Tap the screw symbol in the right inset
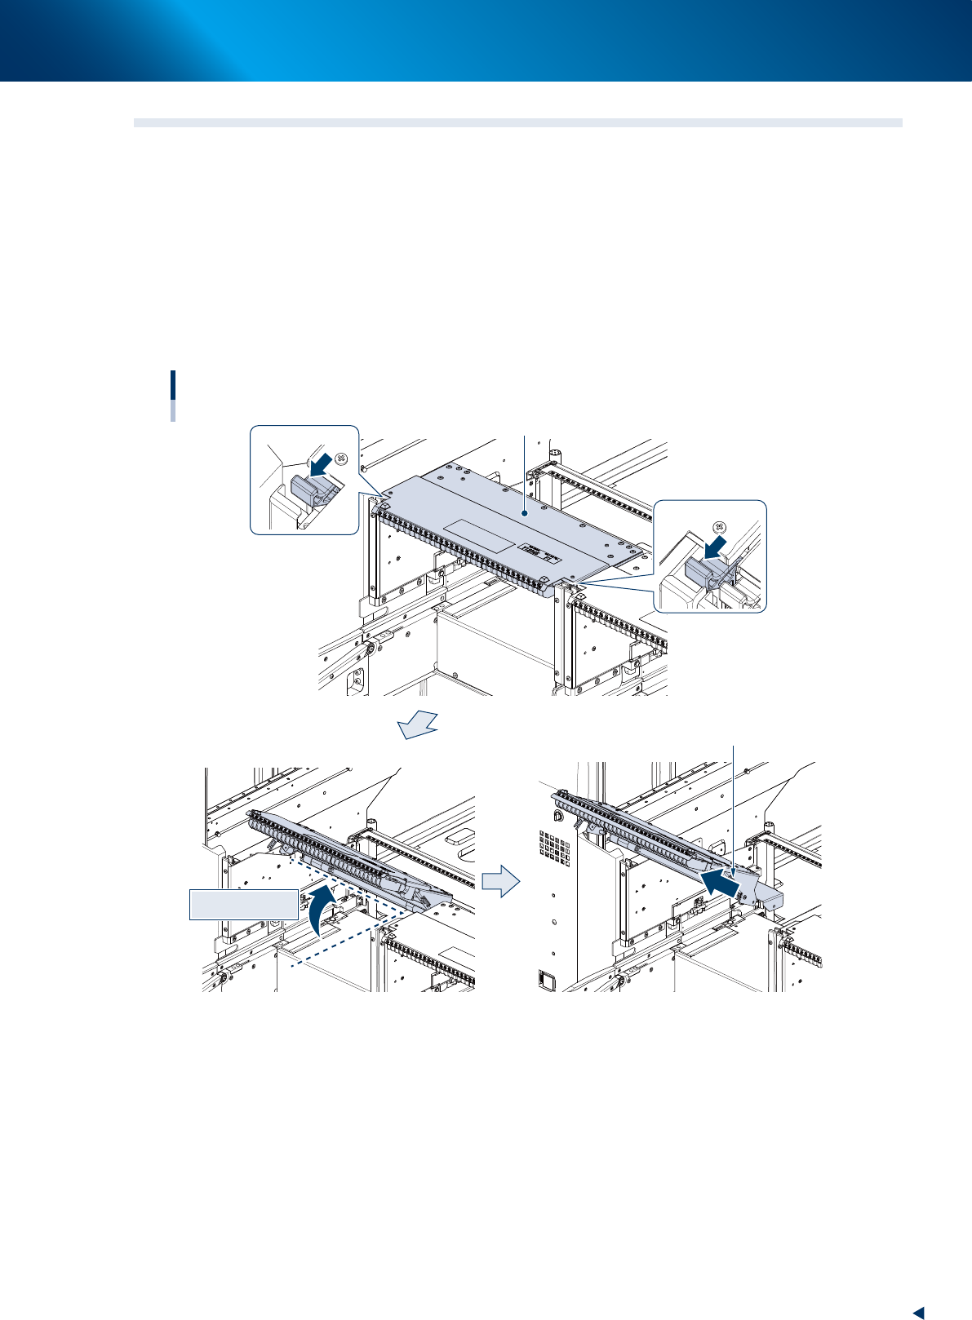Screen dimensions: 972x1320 [720, 527]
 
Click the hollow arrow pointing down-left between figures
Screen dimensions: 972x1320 [419, 724]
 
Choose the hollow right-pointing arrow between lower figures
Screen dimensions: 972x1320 [500, 882]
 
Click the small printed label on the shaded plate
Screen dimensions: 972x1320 [543, 551]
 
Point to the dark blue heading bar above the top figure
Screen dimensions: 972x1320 [173, 384]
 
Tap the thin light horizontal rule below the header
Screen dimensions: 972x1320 [517, 123]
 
